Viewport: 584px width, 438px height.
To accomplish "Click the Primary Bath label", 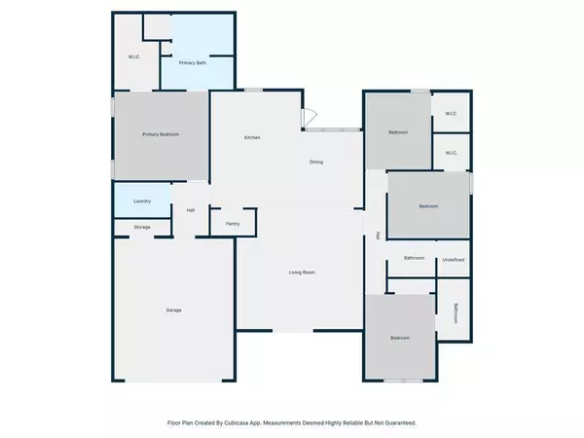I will [192, 63].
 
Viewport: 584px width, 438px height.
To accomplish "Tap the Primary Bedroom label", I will [161, 133].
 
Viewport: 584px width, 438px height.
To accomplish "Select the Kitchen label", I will [252, 137].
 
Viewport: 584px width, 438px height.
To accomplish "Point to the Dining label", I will [316, 162].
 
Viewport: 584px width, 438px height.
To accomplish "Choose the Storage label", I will [142, 227].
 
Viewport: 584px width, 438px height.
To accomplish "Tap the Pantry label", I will [233, 224].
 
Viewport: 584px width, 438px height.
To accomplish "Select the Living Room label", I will [301, 273].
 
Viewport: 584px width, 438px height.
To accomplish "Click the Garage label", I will [173, 310].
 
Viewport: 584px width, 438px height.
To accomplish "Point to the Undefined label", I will [454, 259].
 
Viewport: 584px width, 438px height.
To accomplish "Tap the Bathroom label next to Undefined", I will [415, 258].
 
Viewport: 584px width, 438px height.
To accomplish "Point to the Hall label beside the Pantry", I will [191, 210].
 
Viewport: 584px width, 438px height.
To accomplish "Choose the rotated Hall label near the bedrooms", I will [378, 235].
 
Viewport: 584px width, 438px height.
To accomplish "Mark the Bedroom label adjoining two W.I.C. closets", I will [398, 132].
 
